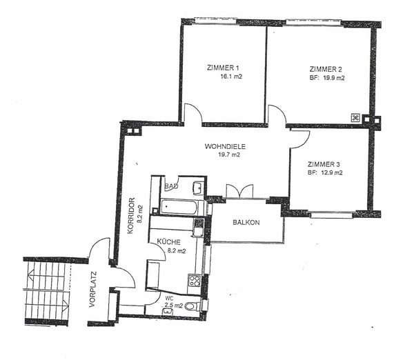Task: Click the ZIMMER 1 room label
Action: pos(223,68)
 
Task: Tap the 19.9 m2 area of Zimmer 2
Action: pos(334,78)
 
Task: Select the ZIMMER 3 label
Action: pos(324,164)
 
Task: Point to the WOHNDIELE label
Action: pos(225,146)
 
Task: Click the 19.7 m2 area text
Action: pos(229,154)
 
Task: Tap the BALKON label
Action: pos(246,223)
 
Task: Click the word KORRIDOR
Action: pos(131,216)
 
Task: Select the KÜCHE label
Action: pos(169,242)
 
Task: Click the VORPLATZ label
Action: pos(92,289)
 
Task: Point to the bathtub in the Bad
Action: pos(179,207)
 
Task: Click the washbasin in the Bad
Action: pos(198,187)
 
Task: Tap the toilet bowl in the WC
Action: pos(193,306)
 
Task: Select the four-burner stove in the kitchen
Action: pos(194,281)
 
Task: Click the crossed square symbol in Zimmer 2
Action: pos(355,118)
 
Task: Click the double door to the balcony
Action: pos(239,191)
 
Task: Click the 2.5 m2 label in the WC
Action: pos(174,306)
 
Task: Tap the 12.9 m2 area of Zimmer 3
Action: pos(332,173)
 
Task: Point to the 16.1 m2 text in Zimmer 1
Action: pos(231,77)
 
